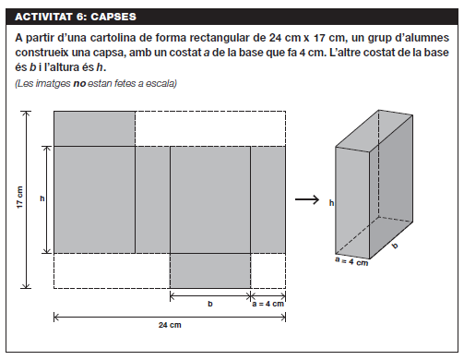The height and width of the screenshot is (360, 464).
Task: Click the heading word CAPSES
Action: pos(113,17)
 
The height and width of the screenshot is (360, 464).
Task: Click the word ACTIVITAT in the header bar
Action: pos(43,17)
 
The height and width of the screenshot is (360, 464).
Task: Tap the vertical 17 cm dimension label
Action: pos(19,198)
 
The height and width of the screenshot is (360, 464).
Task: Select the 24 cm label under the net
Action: pos(170,325)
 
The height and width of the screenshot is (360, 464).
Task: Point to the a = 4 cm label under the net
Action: pos(268,304)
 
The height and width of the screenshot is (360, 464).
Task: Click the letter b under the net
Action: pos(210,304)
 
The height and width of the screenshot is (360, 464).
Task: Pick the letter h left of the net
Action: pos(42,198)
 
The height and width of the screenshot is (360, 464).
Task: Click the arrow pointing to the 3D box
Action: pos(307,199)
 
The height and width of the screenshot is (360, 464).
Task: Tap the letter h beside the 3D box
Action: pos(331,203)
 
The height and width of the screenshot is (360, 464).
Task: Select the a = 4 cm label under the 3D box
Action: pos(351,261)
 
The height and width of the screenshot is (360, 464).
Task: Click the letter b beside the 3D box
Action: pos(395,246)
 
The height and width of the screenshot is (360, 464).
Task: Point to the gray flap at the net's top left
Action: pos(94,128)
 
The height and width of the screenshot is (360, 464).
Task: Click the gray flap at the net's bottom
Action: pos(210,270)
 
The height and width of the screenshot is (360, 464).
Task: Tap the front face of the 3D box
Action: pos(352,203)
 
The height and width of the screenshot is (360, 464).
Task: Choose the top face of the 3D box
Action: pos(375,131)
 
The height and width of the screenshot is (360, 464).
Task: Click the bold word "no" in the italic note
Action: pos(79,83)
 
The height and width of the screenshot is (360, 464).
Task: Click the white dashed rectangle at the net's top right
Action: pos(210,128)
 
